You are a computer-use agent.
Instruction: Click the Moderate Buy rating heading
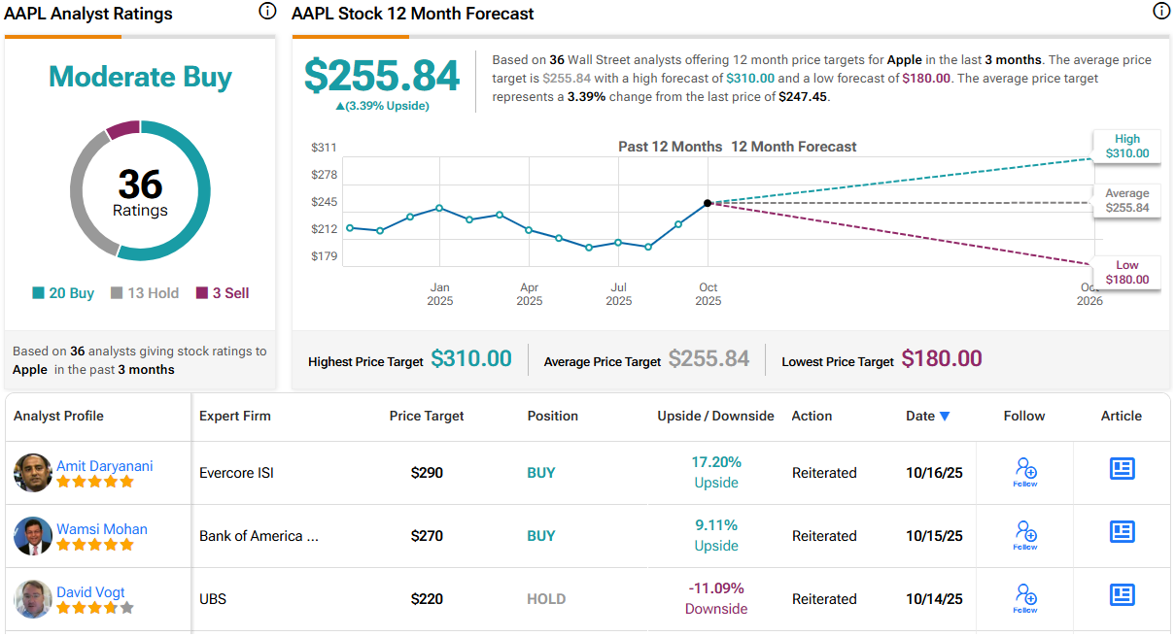(140, 77)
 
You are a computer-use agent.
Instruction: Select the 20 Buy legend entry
(63, 293)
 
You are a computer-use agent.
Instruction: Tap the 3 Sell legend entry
(223, 293)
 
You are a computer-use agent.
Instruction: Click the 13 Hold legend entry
(145, 293)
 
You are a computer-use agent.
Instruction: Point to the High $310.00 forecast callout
(1126, 146)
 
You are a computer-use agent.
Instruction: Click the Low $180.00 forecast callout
(1126, 272)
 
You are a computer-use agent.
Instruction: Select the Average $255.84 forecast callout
(1126, 200)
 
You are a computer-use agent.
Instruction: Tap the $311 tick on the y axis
(324, 148)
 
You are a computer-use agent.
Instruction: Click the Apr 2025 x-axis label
(529, 294)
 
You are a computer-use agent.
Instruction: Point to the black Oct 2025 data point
(708, 203)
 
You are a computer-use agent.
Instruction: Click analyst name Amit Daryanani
(104, 466)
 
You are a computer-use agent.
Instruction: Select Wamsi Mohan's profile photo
(33, 536)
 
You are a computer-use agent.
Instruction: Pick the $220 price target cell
(427, 599)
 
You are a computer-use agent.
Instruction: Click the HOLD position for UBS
(546, 599)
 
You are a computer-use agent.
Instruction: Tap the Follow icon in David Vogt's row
(1025, 594)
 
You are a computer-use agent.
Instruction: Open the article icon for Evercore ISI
(1122, 469)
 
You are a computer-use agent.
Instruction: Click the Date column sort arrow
(945, 417)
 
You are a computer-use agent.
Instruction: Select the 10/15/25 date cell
(934, 536)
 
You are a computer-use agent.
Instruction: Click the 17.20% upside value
(716, 462)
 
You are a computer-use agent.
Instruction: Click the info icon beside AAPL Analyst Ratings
(267, 12)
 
